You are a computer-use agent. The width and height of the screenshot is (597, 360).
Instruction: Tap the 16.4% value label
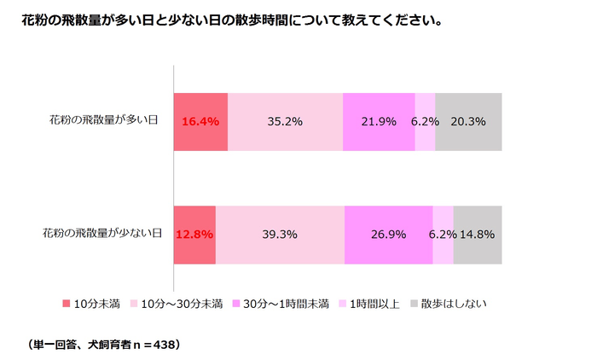click(x=200, y=121)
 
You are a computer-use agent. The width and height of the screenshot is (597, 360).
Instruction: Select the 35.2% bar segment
click(x=286, y=121)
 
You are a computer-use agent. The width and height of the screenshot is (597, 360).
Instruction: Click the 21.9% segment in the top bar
click(x=379, y=121)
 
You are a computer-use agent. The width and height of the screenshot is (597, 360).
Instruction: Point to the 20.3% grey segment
click(x=468, y=121)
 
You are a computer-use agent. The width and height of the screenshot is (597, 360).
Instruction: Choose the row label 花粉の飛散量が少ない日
click(x=102, y=233)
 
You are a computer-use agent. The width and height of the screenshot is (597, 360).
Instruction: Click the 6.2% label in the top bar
click(x=425, y=121)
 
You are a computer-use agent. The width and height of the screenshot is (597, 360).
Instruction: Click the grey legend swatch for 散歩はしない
click(x=414, y=303)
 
